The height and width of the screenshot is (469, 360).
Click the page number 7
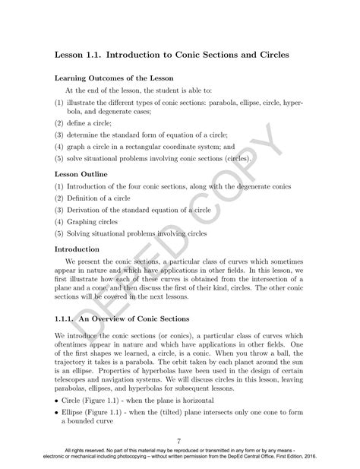click(178, 440)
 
